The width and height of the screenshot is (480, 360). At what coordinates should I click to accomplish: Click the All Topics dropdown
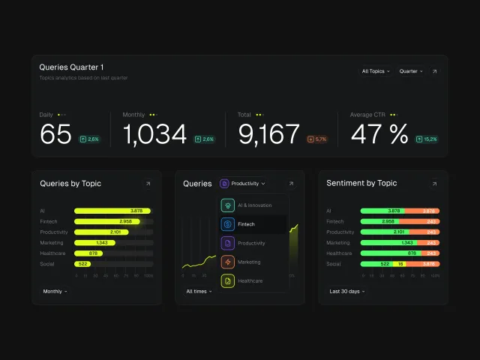[375, 71]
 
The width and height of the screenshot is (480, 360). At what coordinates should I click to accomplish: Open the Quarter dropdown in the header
[410, 71]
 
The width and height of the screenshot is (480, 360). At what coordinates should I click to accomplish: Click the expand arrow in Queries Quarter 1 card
[435, 71]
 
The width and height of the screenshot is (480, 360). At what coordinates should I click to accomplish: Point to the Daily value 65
[55, 134]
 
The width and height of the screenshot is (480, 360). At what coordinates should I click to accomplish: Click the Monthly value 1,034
[154, 134]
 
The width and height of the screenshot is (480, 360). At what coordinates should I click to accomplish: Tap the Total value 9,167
[269, 134]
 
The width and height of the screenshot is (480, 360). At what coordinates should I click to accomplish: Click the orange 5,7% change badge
[318, 139]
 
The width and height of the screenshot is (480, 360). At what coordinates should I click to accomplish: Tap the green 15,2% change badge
[427, 139]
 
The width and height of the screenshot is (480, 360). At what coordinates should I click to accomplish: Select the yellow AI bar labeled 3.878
[112, 211]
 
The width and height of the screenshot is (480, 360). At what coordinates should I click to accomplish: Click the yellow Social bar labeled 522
[82, 264]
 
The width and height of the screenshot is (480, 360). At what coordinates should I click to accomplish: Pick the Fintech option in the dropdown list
[253, 224]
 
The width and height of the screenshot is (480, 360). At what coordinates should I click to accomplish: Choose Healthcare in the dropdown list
[253, 280]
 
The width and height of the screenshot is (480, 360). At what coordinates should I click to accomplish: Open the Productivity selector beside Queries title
[244, 184]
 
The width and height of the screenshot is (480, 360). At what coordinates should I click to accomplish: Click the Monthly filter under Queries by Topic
[55, 291]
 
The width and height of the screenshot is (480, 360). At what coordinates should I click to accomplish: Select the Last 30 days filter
[347, 291]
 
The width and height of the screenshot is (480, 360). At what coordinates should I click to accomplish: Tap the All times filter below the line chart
[199, 291]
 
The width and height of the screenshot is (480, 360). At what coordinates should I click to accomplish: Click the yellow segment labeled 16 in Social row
[400, 264]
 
